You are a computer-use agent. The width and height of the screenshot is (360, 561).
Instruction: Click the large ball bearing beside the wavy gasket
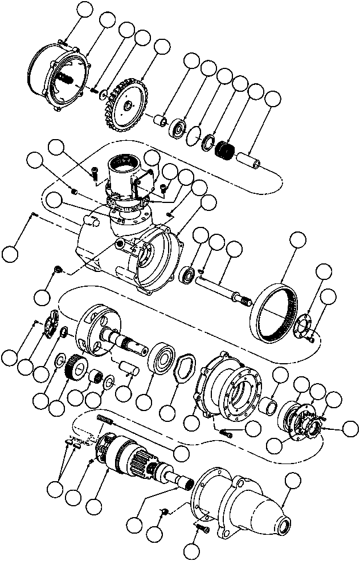click(163, 360)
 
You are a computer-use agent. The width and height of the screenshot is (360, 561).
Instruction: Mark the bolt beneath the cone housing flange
click(203, 530)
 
